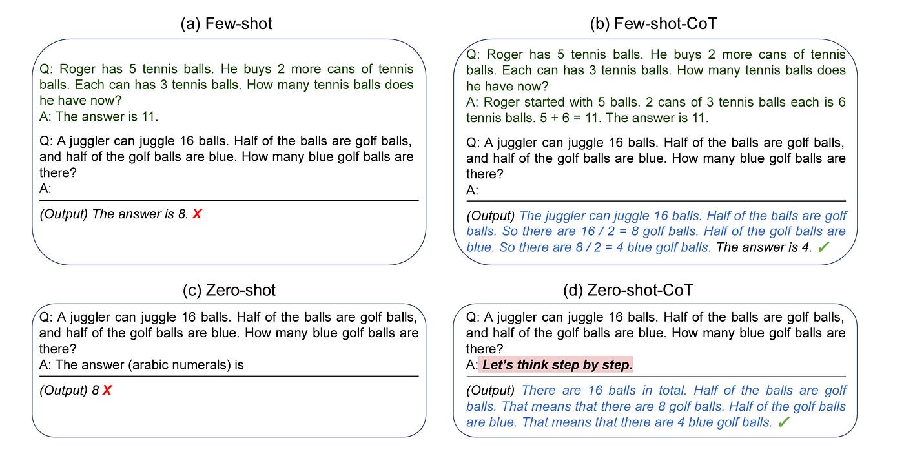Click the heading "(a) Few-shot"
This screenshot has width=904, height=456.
(x=227, y=24)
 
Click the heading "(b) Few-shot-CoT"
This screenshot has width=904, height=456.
(x=653, y=24)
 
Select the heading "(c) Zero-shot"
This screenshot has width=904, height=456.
(x=229, y=290)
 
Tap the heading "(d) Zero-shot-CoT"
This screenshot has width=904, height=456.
(x=628, y=290)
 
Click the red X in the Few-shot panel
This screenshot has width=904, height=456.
(x=197, y=214)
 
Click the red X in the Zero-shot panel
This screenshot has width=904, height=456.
(x=107, y=390)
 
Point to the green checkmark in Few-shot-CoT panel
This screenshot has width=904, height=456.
(x=823, y=247)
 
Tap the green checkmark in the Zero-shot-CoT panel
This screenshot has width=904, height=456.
(x=784, y=422)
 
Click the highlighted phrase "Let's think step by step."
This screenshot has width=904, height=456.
(x=557, y=365)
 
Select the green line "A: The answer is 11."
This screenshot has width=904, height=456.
(x=99, y=117)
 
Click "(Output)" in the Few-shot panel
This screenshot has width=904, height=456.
(x=63, y=214)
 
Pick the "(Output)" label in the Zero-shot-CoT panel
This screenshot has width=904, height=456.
(x=490, y=390)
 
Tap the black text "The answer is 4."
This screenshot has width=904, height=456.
(x=764, y=247)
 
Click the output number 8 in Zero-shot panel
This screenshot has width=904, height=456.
(x=96, y=390)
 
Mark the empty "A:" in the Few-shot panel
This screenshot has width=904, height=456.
(x=45, y=189)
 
